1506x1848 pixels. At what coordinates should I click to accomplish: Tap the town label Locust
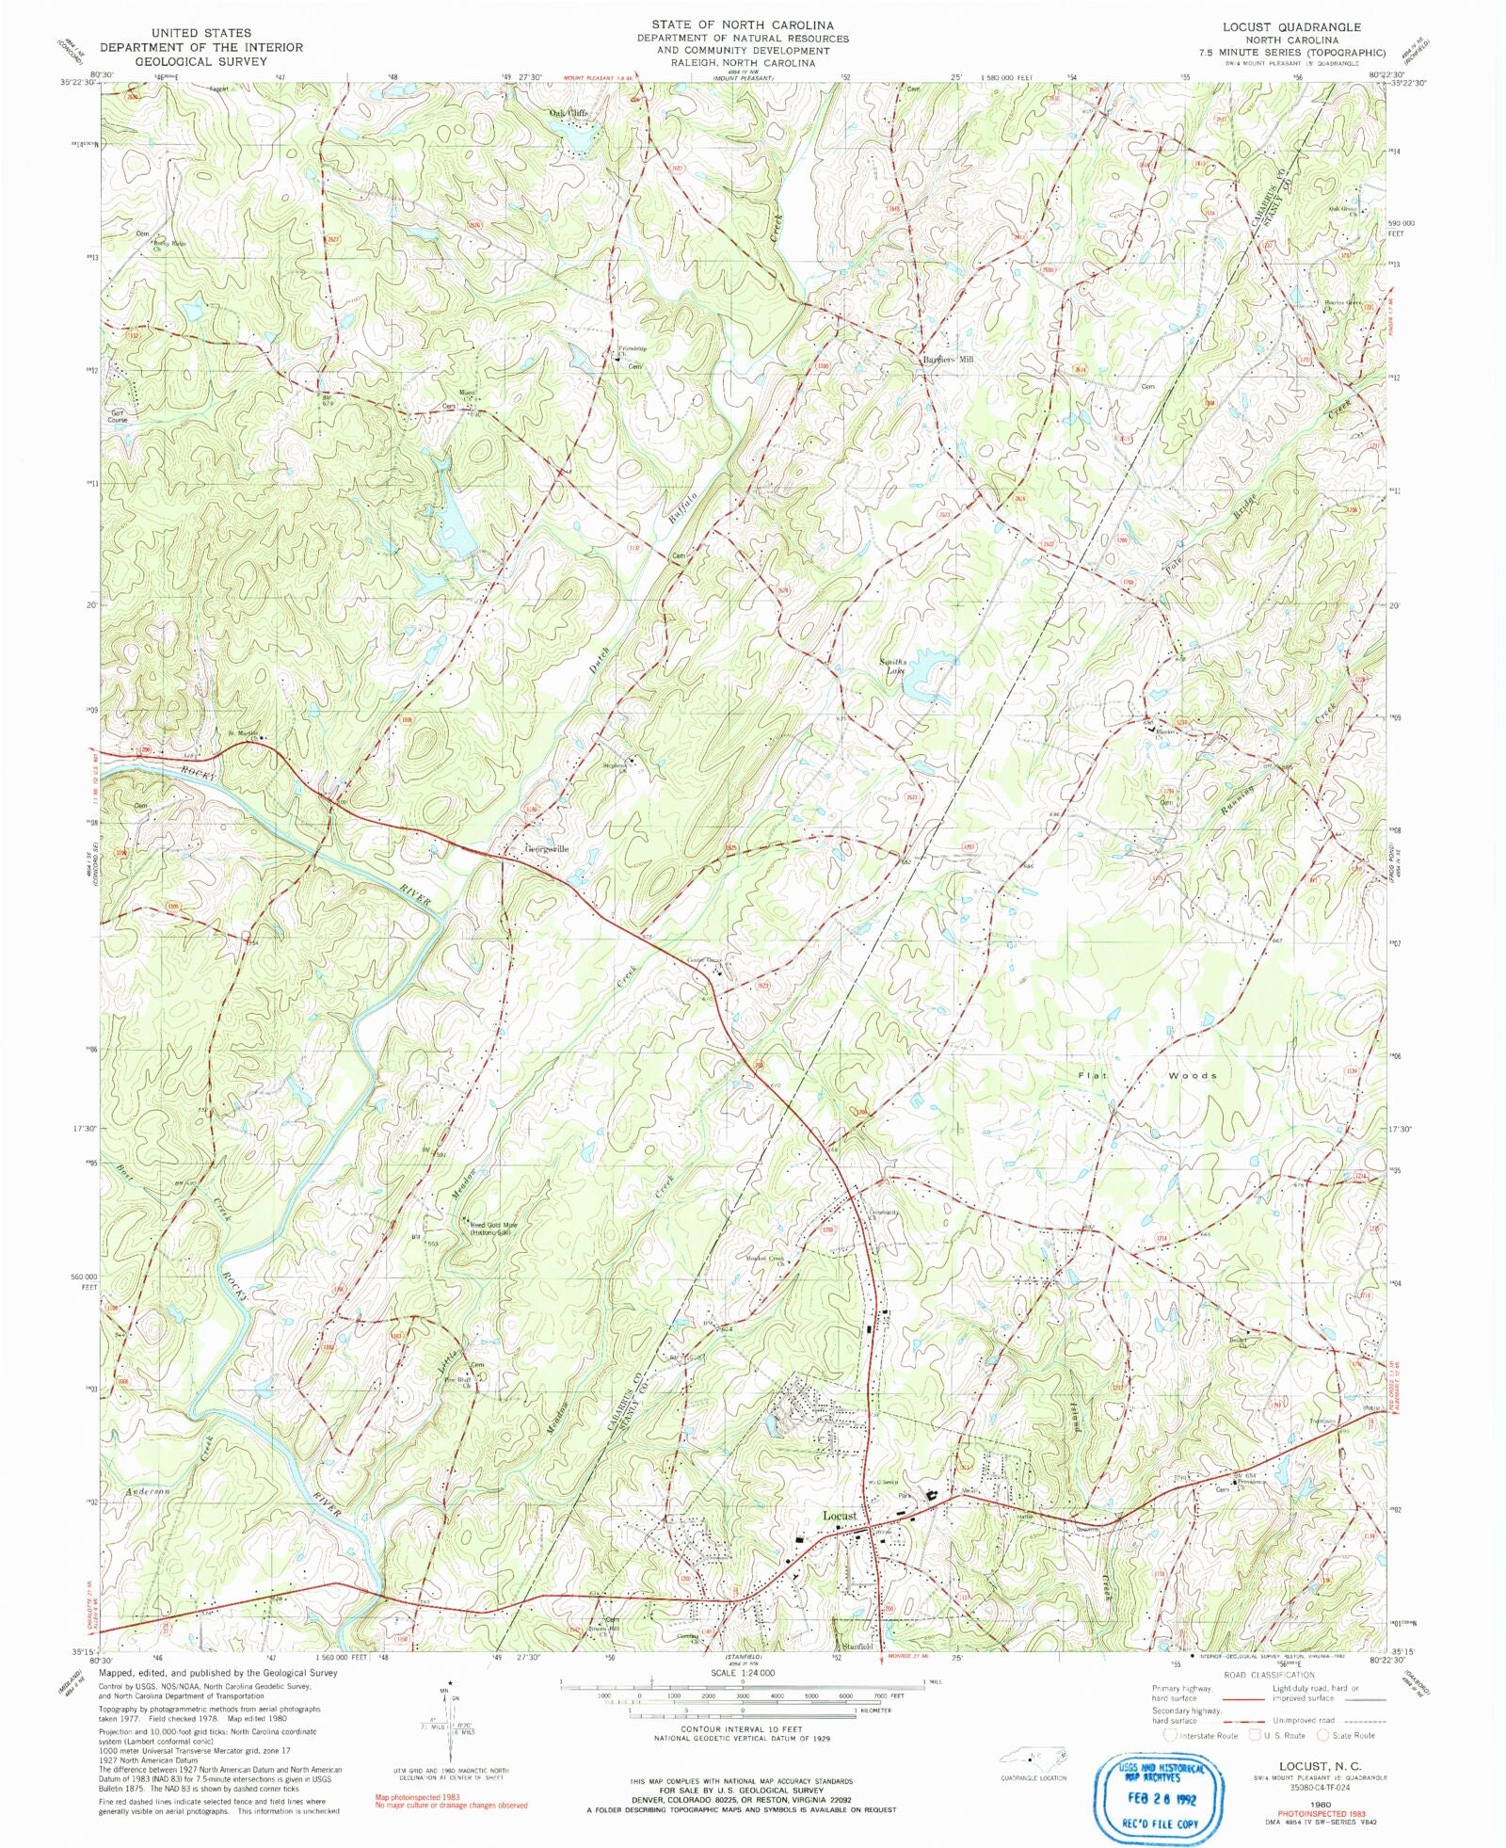(840, 1516)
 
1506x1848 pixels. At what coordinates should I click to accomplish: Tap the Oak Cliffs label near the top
(569, 113)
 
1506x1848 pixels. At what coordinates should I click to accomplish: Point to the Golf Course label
(118, 415)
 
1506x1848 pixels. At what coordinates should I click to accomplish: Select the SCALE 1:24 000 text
(743, 1672)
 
